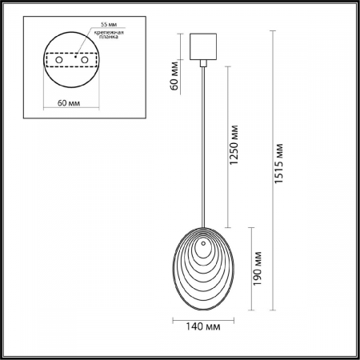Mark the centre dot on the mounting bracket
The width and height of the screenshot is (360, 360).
(x=77, y=57)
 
